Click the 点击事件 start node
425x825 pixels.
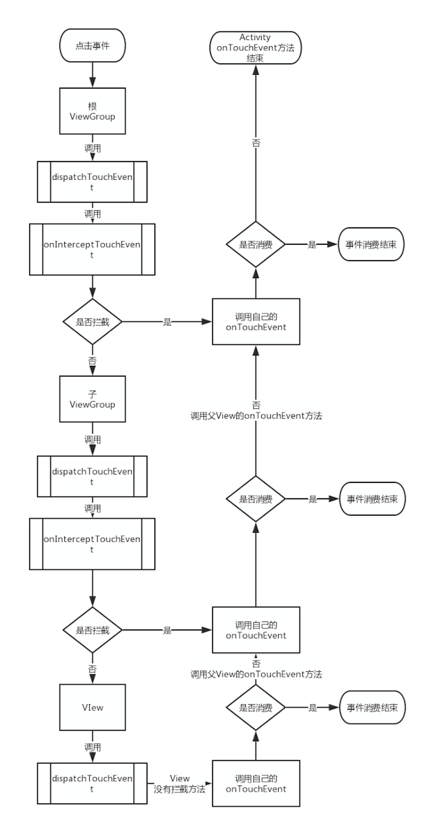[92, 46]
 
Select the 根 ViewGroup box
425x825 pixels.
[92, 111]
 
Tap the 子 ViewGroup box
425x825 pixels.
[92, 399]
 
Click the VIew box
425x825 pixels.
[92, 707]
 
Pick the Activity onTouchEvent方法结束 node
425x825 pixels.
[256, 48]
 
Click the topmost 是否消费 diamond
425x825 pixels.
[256, 244]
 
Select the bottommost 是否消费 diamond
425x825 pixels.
[256, 707]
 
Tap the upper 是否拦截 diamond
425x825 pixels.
[92, 322]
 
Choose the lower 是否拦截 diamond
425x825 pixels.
[92, 630]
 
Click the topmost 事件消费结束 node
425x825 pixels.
[371, 244]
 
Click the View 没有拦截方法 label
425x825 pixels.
[180, 784]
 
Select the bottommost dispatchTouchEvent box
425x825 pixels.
[92, 783]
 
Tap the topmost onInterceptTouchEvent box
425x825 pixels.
[92, 249]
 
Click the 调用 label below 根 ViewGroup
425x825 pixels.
[92, 148]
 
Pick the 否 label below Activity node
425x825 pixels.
[256, 143]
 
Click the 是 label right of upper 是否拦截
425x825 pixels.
[167, 322]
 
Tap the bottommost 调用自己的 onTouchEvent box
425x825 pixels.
[256, 784]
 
